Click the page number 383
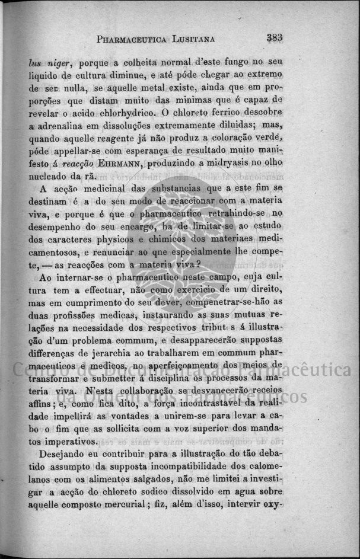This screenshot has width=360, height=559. point(274,38)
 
